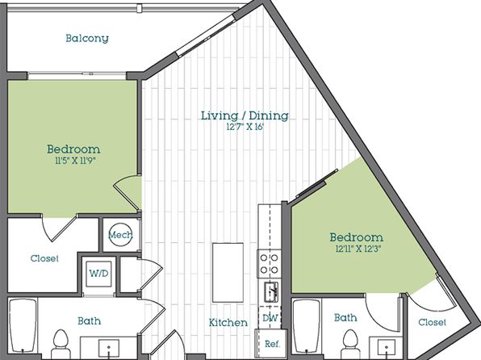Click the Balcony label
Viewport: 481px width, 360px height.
(87, 39)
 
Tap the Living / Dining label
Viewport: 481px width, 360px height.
(245, 115)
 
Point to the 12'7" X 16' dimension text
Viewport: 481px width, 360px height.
(245, 127)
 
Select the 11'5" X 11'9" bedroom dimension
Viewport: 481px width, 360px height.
(73, 161)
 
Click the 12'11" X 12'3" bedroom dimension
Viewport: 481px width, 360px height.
(357, 249)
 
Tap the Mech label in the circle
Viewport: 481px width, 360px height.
(120, 235)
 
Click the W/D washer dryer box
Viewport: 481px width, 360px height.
(98, 274)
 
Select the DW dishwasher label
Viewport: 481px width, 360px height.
(270, 318)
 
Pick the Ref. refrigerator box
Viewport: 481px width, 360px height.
(272, 344)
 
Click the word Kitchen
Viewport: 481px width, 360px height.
(228, 323)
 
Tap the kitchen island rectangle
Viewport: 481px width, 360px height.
(228, 273)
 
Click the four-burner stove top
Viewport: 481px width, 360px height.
(270, 264)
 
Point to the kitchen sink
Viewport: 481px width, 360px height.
(271, 292)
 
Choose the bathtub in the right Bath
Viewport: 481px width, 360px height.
(307, 327)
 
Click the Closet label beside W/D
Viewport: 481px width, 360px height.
(44, 258)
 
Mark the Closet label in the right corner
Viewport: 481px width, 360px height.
(433, 322)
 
